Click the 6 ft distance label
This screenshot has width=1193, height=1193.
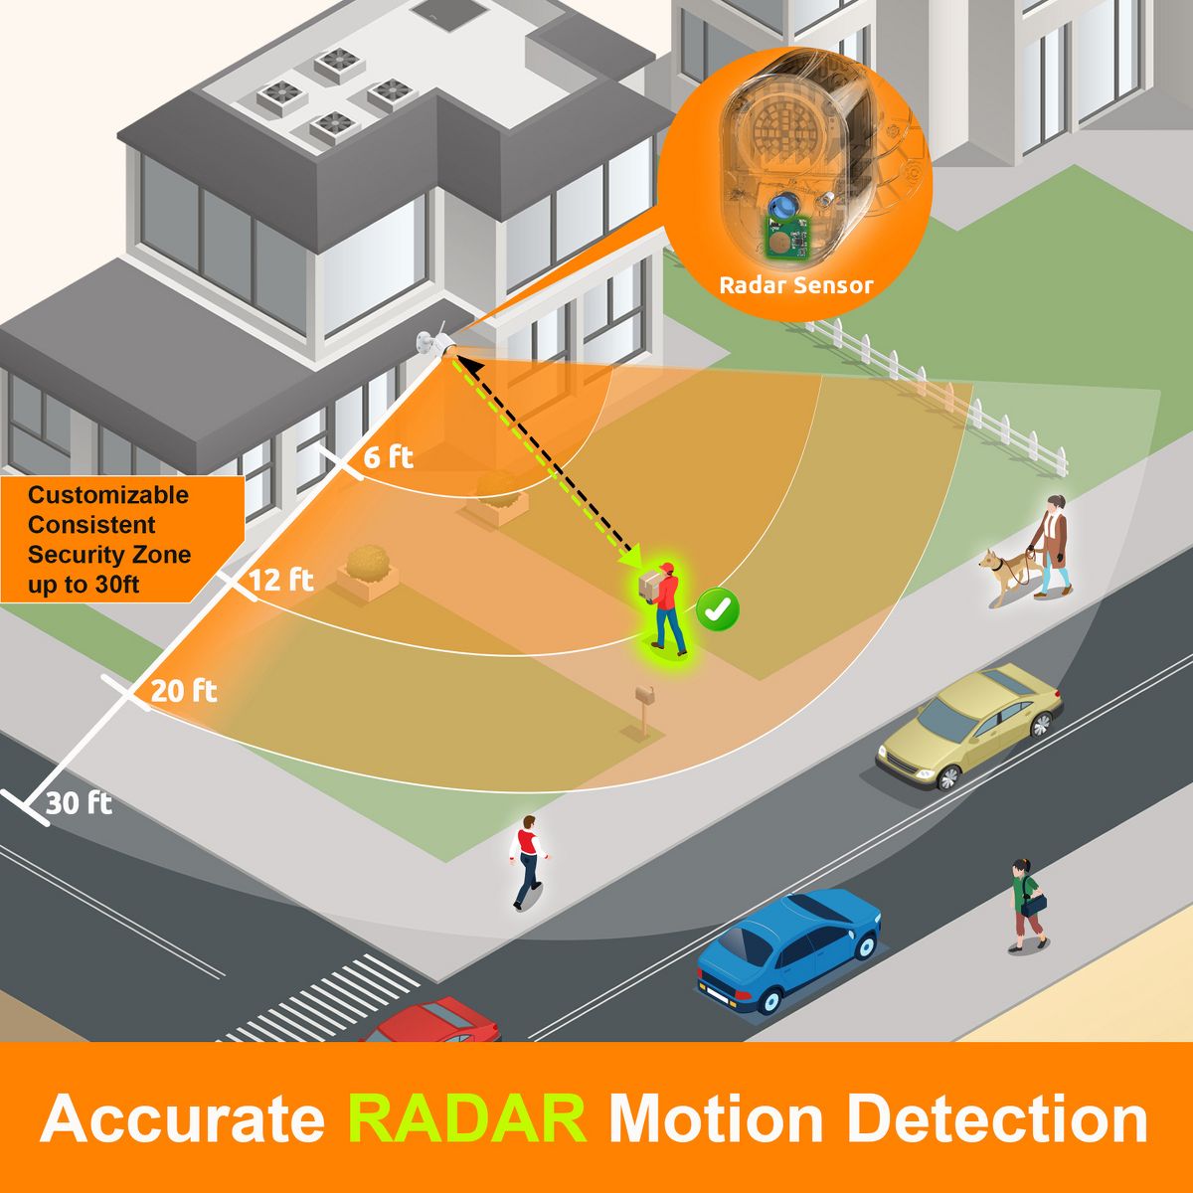click(x=388, y=457)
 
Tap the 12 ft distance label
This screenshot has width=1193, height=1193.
click(x=281, y=580)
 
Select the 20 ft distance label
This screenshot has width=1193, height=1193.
click(x=184, y=690)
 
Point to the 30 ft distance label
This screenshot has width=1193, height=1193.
click(x=80, y=803)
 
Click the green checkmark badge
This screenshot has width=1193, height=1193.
click(x=718, y=609)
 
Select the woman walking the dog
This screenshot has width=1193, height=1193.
click(x=1051, y=546)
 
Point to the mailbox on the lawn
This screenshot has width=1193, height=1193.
click(x=644, y=707)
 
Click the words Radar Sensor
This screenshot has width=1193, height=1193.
click(x=795, y=285)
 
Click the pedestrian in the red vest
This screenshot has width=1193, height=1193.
click(x=528, y=862)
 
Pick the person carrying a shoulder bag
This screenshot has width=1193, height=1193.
click(x=1028, y=905)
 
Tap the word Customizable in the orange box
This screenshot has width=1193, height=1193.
click(x=108, y=495)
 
